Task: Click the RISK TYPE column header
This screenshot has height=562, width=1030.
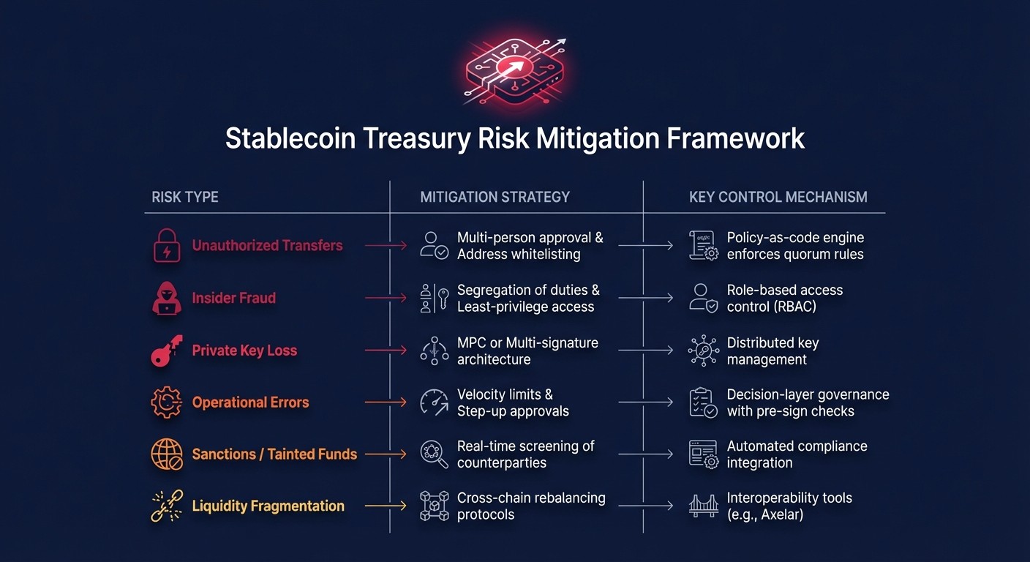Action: [x=185, y=197]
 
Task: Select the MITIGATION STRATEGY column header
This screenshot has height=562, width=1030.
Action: [x=495, y=197]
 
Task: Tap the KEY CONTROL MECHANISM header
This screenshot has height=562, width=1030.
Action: [x=778, y=197]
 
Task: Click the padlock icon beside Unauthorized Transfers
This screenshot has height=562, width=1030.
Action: [x=167, y=246]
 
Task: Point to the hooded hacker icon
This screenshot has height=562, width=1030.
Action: [x=167, y=298]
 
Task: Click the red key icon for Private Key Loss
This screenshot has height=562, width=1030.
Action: [x=166, y=351]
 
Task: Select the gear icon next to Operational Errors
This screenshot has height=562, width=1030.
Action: [x=166, y=402]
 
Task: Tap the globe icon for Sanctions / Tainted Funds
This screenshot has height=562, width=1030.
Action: [x=167, y=454]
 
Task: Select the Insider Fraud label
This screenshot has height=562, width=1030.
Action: [x=233, y=298]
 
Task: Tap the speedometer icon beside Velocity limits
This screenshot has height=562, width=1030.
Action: [x=435, y=402]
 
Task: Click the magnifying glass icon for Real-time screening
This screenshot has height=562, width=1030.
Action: [x=435, y=454]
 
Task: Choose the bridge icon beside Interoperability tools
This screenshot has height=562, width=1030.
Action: [x=704, y=506]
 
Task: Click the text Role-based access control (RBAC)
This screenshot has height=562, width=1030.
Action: [x=784, y=299]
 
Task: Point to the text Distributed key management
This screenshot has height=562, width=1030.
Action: [x=772, y=351]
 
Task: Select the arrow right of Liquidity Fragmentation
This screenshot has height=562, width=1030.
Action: [x=385, y=506]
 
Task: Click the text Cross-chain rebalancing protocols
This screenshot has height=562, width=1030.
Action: [x=531, y=506]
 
